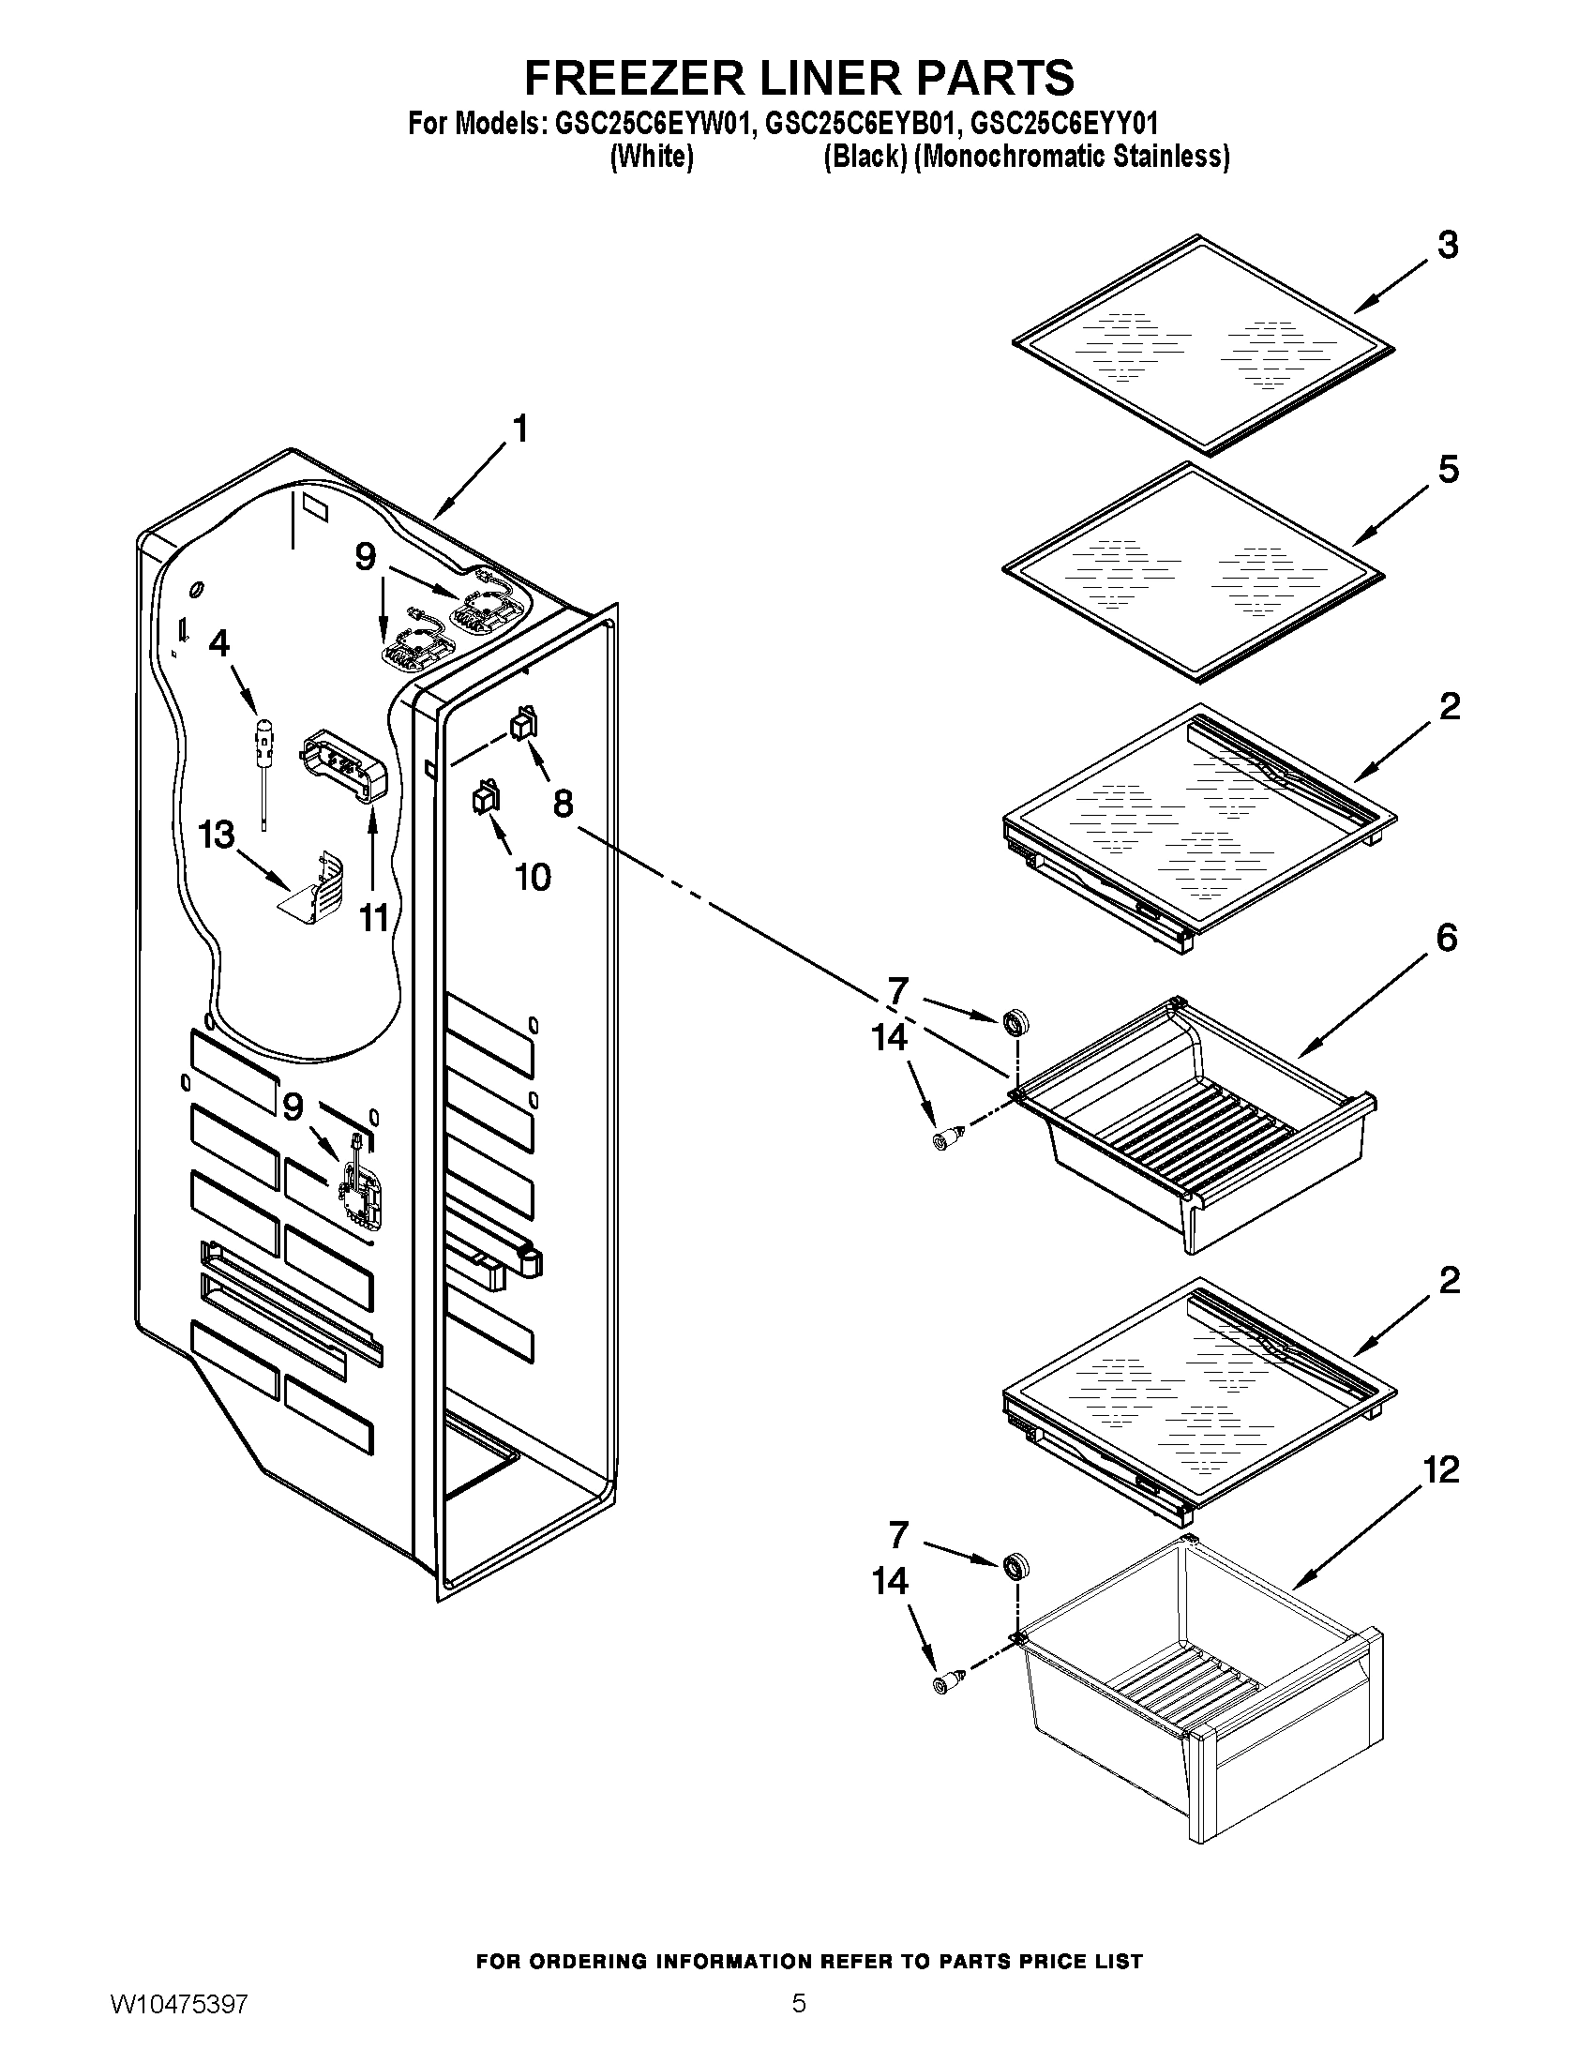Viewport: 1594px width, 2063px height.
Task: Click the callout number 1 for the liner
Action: click(x=519, y=429)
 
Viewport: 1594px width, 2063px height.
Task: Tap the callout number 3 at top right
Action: click(x=1448, y=245)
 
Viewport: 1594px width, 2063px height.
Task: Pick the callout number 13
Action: click(x=217, y=835)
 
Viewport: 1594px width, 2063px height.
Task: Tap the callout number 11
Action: click(x=374, y=917)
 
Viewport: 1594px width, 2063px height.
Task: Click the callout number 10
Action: click(x=533, y=878)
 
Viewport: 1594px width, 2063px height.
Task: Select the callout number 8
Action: click(x=563, y=804)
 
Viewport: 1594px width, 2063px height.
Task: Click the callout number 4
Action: click(x=218, y=643)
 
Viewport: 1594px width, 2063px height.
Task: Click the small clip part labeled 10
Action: click(x=486, y=799)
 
